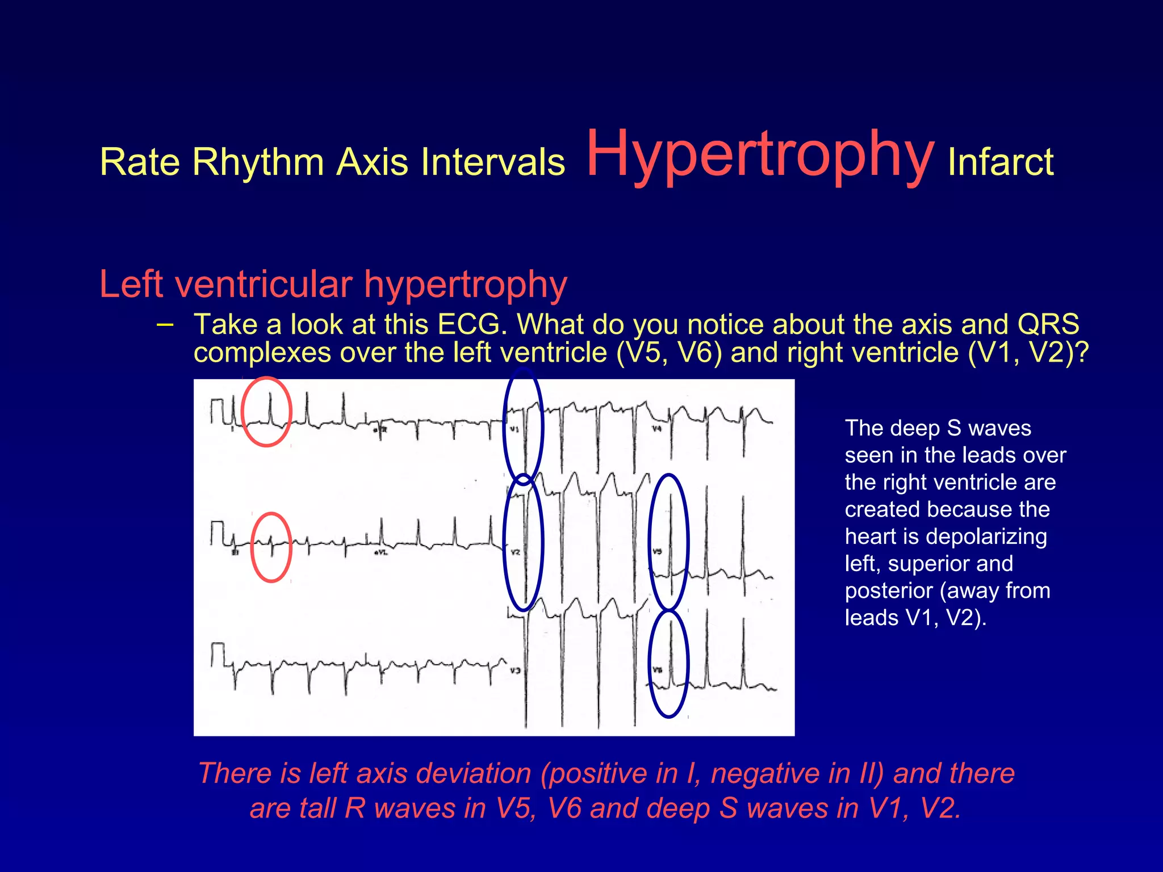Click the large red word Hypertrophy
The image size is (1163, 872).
(x=760, y=154)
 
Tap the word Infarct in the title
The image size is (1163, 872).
(x=1001, y=162)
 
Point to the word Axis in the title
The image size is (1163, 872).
(x=372, y=162)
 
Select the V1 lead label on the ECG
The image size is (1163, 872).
(x=514, y=429)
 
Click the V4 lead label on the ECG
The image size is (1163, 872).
(x=656, y=429)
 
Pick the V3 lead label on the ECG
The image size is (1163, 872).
(x=514, y=670)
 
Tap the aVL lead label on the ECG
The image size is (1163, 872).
(x=380, y=552)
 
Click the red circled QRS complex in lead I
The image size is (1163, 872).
(x=266, y=412)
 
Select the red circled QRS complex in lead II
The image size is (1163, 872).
(x=271, y=547)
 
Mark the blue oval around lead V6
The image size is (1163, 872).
(x=669, y=663)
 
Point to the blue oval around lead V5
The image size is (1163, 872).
(x=669, y=542)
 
